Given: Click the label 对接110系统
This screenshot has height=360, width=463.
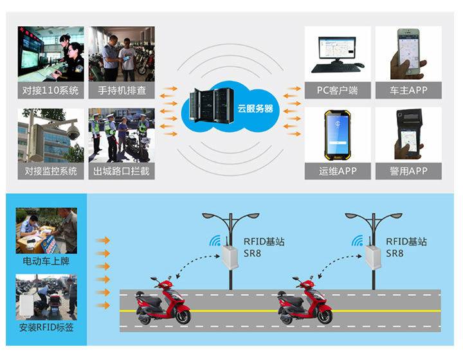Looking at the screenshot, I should tap(51, 91).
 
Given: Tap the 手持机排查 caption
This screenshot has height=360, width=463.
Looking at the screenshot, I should tap(121, 91).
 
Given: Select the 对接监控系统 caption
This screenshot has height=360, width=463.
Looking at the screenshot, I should tap(51, 171).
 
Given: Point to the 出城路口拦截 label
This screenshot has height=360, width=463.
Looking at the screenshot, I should tap(121, 171).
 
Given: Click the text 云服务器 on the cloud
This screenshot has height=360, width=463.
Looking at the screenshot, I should tap(255, 109).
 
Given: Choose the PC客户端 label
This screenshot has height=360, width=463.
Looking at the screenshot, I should tap(337, 91).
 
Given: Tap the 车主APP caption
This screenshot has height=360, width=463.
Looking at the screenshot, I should tap(408, 91).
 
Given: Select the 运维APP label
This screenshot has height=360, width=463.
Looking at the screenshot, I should tap(337, 171).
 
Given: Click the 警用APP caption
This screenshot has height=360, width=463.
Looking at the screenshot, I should tap(408, 171).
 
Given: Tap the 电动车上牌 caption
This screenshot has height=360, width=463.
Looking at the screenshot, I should tap(46, 262).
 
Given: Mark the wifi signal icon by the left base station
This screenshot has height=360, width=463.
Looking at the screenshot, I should tap(214, 241).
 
